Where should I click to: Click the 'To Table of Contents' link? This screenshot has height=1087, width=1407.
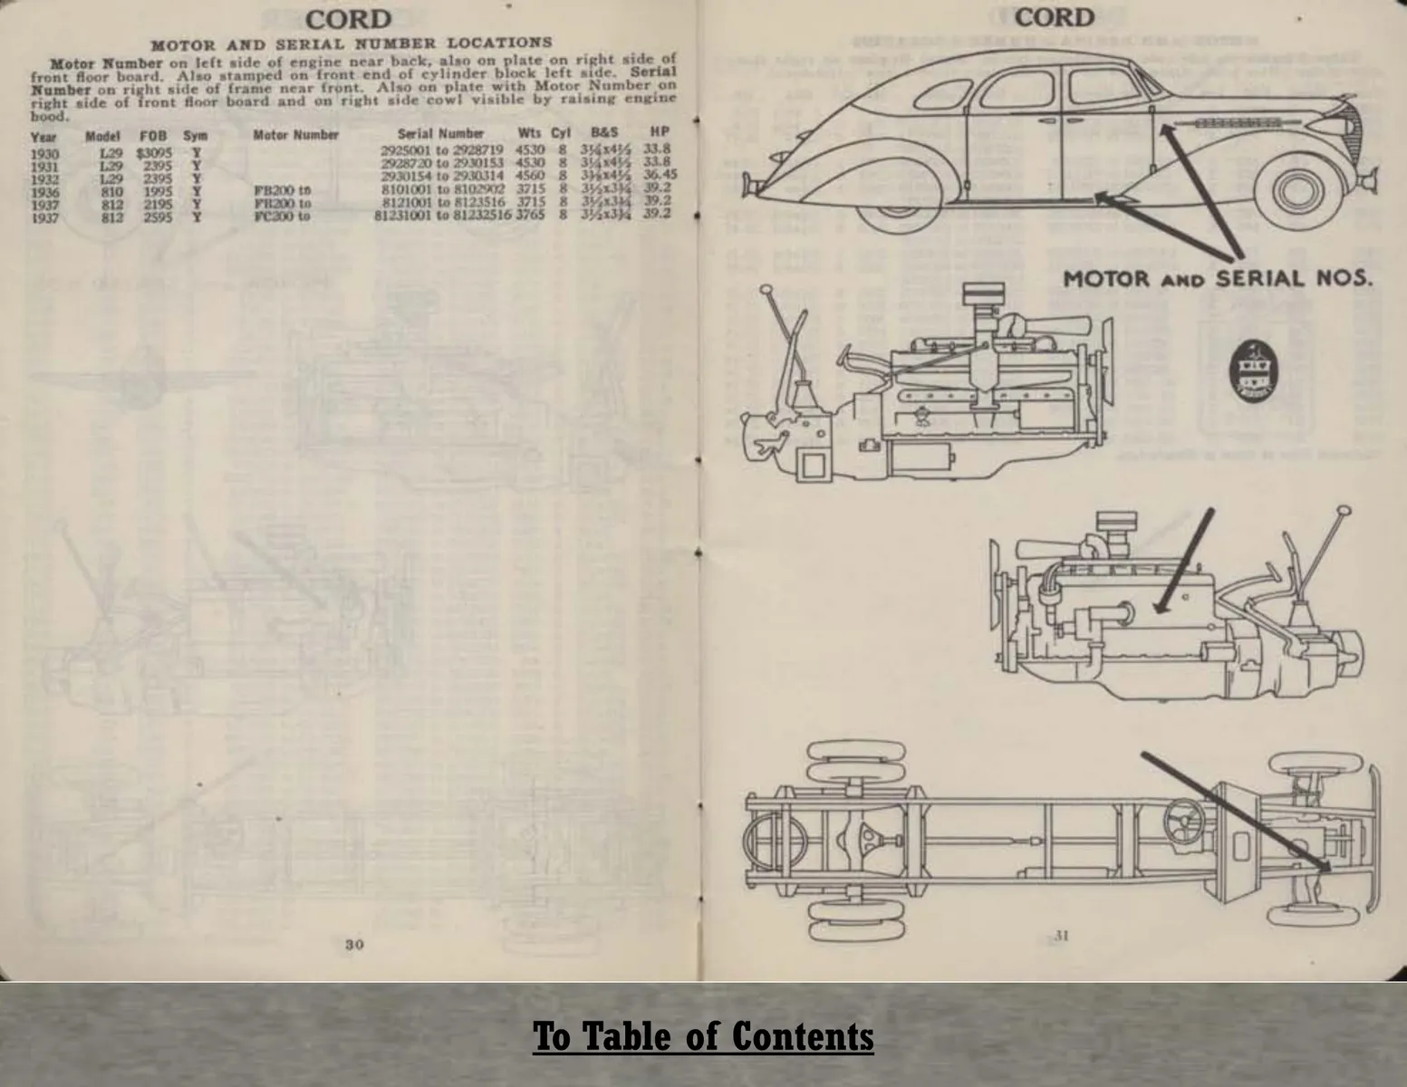click(x=703, y=1036)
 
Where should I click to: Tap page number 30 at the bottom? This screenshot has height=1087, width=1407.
click(x=354, y=944)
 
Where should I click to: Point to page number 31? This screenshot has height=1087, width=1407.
click(x=1061, y=936)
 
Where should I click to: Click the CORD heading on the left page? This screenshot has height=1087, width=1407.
click(x=349, y=19)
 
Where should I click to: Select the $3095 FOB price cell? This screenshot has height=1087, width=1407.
click(x=154, y=153)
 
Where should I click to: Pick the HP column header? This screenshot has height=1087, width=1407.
click(x=659, y=133)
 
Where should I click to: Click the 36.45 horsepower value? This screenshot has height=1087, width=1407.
click(x=659, y=175)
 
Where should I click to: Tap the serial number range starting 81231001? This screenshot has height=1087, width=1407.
click(x=443, y=216)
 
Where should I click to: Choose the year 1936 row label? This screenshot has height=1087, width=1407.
click(x=44, y=191)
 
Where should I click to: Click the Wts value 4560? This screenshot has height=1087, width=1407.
click(x=530, y=175)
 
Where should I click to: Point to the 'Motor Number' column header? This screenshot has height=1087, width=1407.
click(x=295, y=135)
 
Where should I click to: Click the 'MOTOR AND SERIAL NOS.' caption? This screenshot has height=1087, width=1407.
click(x=1217, y=278)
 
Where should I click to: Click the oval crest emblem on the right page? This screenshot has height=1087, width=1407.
click(x=1251, y=372)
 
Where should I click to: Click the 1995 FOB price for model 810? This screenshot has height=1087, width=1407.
click(x=158, y=191)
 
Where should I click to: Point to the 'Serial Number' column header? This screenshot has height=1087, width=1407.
click(x=441, y=133)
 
